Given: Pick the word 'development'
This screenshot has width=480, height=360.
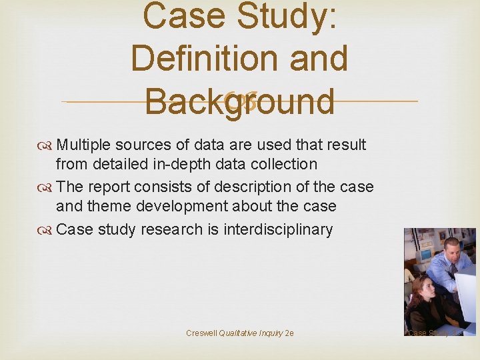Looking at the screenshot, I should [x=189, y=207].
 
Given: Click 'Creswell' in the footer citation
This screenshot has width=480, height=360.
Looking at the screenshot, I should [x=201, y=333].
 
